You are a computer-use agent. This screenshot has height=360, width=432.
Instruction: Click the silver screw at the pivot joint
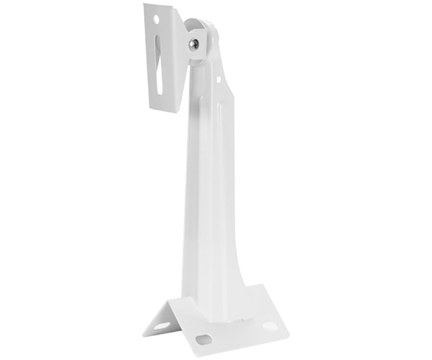[194, 45]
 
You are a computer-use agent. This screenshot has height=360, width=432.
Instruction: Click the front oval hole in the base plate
[204, 339]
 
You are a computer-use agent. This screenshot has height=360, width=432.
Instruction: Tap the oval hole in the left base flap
[163, 326]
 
